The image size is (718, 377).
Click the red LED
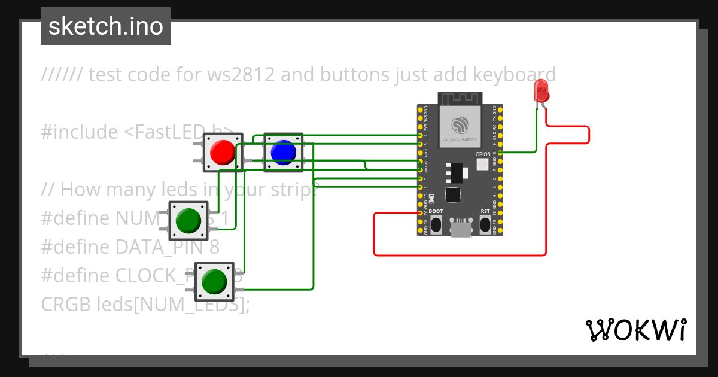[x=541, y=92]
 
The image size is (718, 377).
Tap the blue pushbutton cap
[x=283, y=152]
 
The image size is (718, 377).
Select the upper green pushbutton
[x=188, y=220]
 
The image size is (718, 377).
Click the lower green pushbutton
[x=215, y=281]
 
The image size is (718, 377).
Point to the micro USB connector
[x=460, y=227]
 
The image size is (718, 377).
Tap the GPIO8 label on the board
[x=483, y=154]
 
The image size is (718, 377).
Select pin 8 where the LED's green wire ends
[x=500, y=153]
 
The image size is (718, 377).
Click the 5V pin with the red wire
[x=420, y=213]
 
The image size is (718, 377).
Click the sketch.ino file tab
[x=106, y=26]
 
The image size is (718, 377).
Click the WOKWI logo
[x=635, y=330]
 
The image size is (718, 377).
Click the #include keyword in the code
[x=79, y=132]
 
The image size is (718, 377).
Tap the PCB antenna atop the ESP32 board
[x=460, y=98]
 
